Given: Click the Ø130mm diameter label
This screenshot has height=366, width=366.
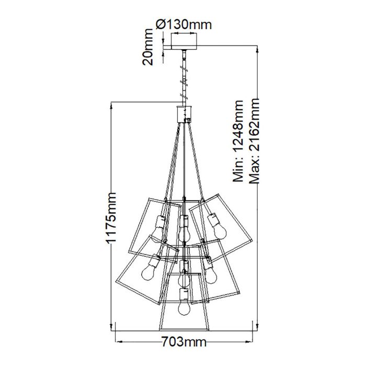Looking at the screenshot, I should point(181,24).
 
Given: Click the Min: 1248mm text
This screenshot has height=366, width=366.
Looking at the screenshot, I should point(239,141).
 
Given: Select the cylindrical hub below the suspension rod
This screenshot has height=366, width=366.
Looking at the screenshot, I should point(183,112).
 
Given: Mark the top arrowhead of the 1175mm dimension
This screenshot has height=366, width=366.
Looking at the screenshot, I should point(111,105).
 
